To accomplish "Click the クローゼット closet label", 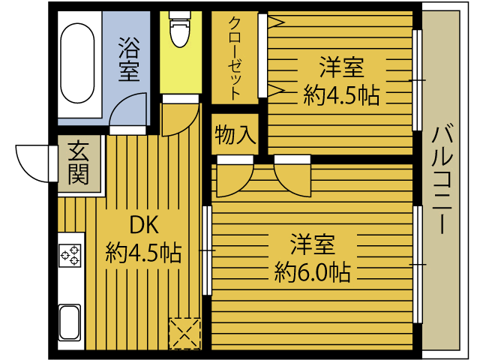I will coord(235,58).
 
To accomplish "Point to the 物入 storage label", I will coord(235,135).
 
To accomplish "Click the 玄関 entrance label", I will coord(78,163).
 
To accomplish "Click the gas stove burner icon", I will coord(70,255).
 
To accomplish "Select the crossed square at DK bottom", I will coord(184,333).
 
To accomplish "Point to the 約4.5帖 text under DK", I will coord(143,253).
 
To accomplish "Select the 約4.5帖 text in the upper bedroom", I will coord(341,95).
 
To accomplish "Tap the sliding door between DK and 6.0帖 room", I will coord(206,250).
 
